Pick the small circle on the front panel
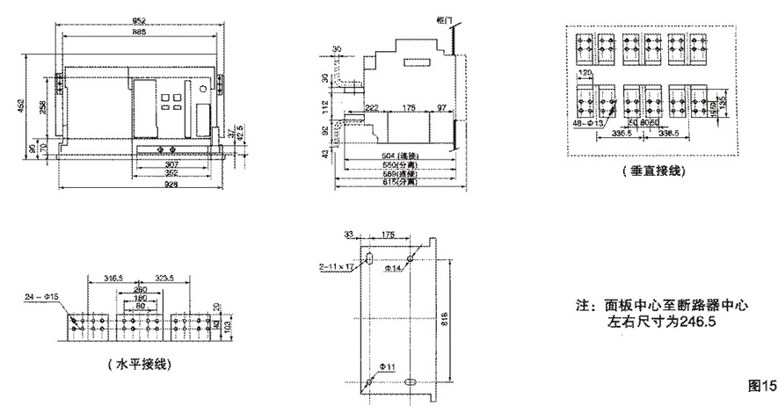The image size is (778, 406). point(202,89)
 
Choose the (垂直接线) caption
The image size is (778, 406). point(652,170)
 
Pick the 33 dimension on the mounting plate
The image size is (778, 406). point(348,234)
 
